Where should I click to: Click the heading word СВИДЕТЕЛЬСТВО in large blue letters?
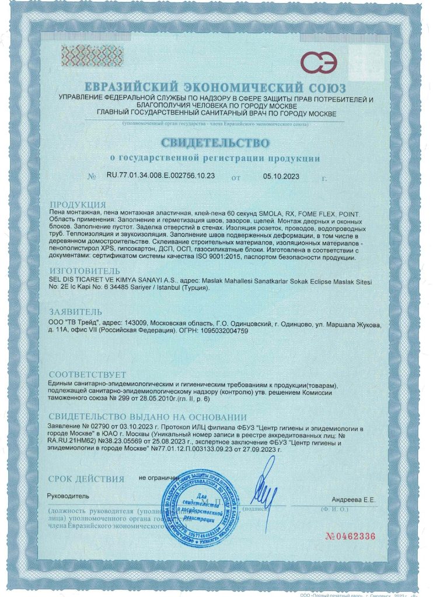[216, 143]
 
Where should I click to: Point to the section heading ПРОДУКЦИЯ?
[78, 205]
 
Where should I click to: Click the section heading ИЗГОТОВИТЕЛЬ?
[85, 271]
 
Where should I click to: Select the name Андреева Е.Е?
[354, 500]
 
